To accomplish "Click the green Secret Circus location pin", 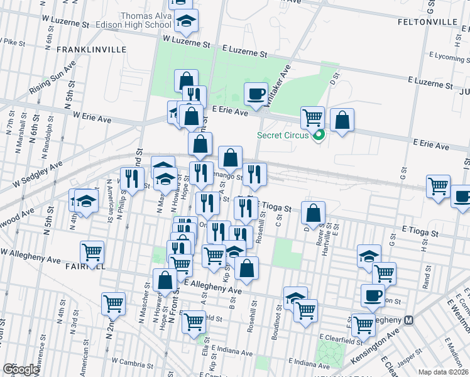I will pyautogui.click(x=319, y=134).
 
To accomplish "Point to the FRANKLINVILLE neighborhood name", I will pyautogui.click(x=87, y=49).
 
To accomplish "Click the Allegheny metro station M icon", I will pyautogui.click(x=409, y=320).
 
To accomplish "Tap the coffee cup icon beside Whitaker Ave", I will pyautogui.click(x=255, y=94).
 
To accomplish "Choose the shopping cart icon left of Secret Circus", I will pyautogui.click(x=312, y=117).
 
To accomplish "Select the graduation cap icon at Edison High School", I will pyautogui.click(x=186, y=22).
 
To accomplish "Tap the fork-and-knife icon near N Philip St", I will pyautogui.click(x=132, y=178).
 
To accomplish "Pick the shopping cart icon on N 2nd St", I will pyautogui.click(x=113, y=304).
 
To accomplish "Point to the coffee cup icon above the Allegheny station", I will pyautogui.click(x=373, y=295).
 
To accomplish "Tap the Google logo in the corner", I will pyautogui.click(x=21, y=369).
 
